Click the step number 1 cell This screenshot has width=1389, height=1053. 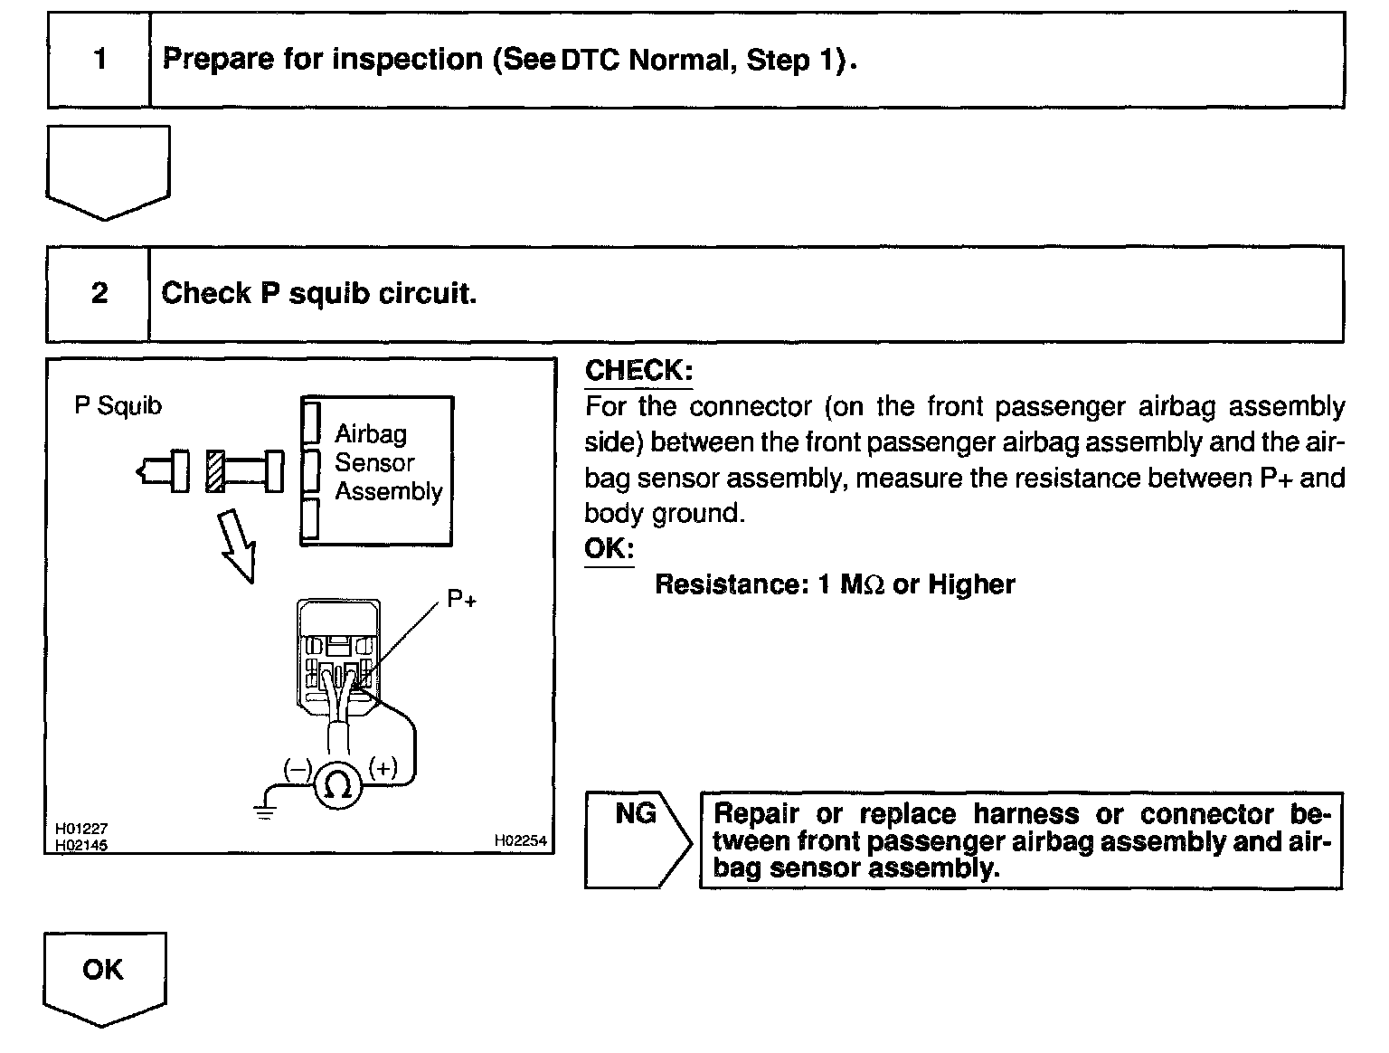tap(99, 60)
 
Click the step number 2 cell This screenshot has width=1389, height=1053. tap(99, 293)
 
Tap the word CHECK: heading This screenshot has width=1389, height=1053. tap(638, 370)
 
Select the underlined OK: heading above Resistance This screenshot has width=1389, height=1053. tap(609, 548)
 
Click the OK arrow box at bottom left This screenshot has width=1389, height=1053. tap(104, 975)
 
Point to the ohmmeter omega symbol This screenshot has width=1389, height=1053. tap(338, 784)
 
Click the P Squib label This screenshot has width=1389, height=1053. tap(118, 406)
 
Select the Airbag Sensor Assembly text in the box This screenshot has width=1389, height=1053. tap(387, 462)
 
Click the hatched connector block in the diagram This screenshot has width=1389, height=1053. tap(214, 471)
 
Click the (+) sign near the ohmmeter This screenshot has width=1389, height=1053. tap(383, 768)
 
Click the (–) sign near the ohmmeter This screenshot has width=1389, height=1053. tap(298, 770)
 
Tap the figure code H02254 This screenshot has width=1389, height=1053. tap(520, 840)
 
